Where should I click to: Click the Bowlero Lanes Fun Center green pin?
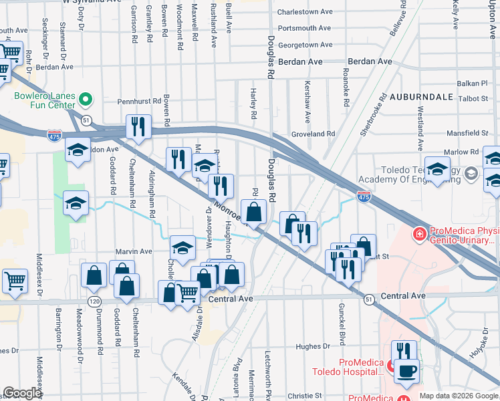(x=86, y=100)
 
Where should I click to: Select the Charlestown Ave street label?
(x=305, y=12)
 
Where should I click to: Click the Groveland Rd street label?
(x=313, y=134)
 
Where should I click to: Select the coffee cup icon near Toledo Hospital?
(x=407, y=370)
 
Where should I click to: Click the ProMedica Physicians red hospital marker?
(x=419, y=234)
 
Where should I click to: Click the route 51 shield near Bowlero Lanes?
(x=87, y=119)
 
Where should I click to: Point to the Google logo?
(x=23, y=393)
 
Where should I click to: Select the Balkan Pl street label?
(x=474, y=84)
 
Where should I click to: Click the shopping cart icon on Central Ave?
(x=187, y=292)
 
